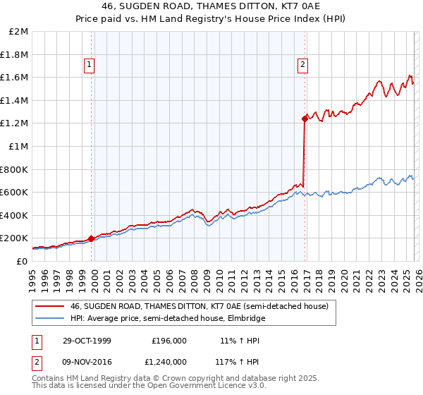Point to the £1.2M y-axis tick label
pyautogui.click(x=15, y=123)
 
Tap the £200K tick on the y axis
pyautogui.click(x=15, y=238)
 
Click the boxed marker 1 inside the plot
pyautogui.click(x=90, y=66)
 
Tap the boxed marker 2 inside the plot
pyautogui.click(x=302, y=66)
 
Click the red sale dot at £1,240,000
pyautogui.click(x=305, y=119)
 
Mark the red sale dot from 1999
pyautogui.click(x=92, y=238)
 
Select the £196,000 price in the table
pyautogui.click(x=169, y=341)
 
